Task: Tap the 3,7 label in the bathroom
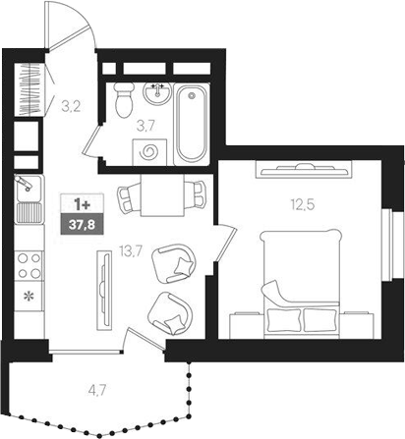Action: [145, 125]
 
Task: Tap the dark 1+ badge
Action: [76, 204]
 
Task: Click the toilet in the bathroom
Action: [125, 99]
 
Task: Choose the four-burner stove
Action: [28, 263]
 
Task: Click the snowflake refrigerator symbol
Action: [28, 295]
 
